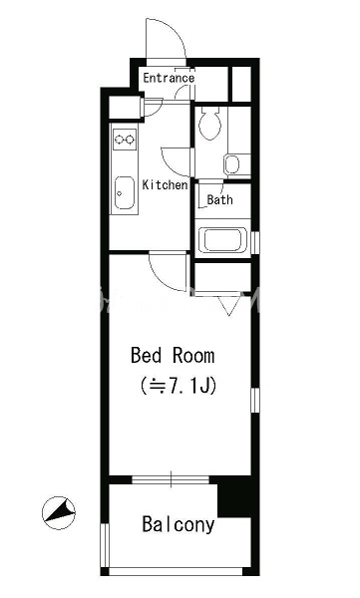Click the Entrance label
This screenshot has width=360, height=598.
[169, 78]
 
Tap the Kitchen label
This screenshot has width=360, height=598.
[165, 185]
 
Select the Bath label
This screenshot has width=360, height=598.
[219, 199]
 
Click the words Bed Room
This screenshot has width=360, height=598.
[173, 355]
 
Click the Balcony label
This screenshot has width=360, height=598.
[179, 525]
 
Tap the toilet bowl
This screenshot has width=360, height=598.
[210, 123]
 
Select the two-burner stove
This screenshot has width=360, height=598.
[125, 140]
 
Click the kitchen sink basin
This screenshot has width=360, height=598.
[125, 192]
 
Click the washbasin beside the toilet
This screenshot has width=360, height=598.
[232, 164]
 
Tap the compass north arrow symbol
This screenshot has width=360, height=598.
[59, 513]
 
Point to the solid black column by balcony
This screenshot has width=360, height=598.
[234, 496]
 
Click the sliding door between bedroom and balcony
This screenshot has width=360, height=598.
[171, 479]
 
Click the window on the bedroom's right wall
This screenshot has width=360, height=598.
[255, 400]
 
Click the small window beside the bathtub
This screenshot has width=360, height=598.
[255, 242]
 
